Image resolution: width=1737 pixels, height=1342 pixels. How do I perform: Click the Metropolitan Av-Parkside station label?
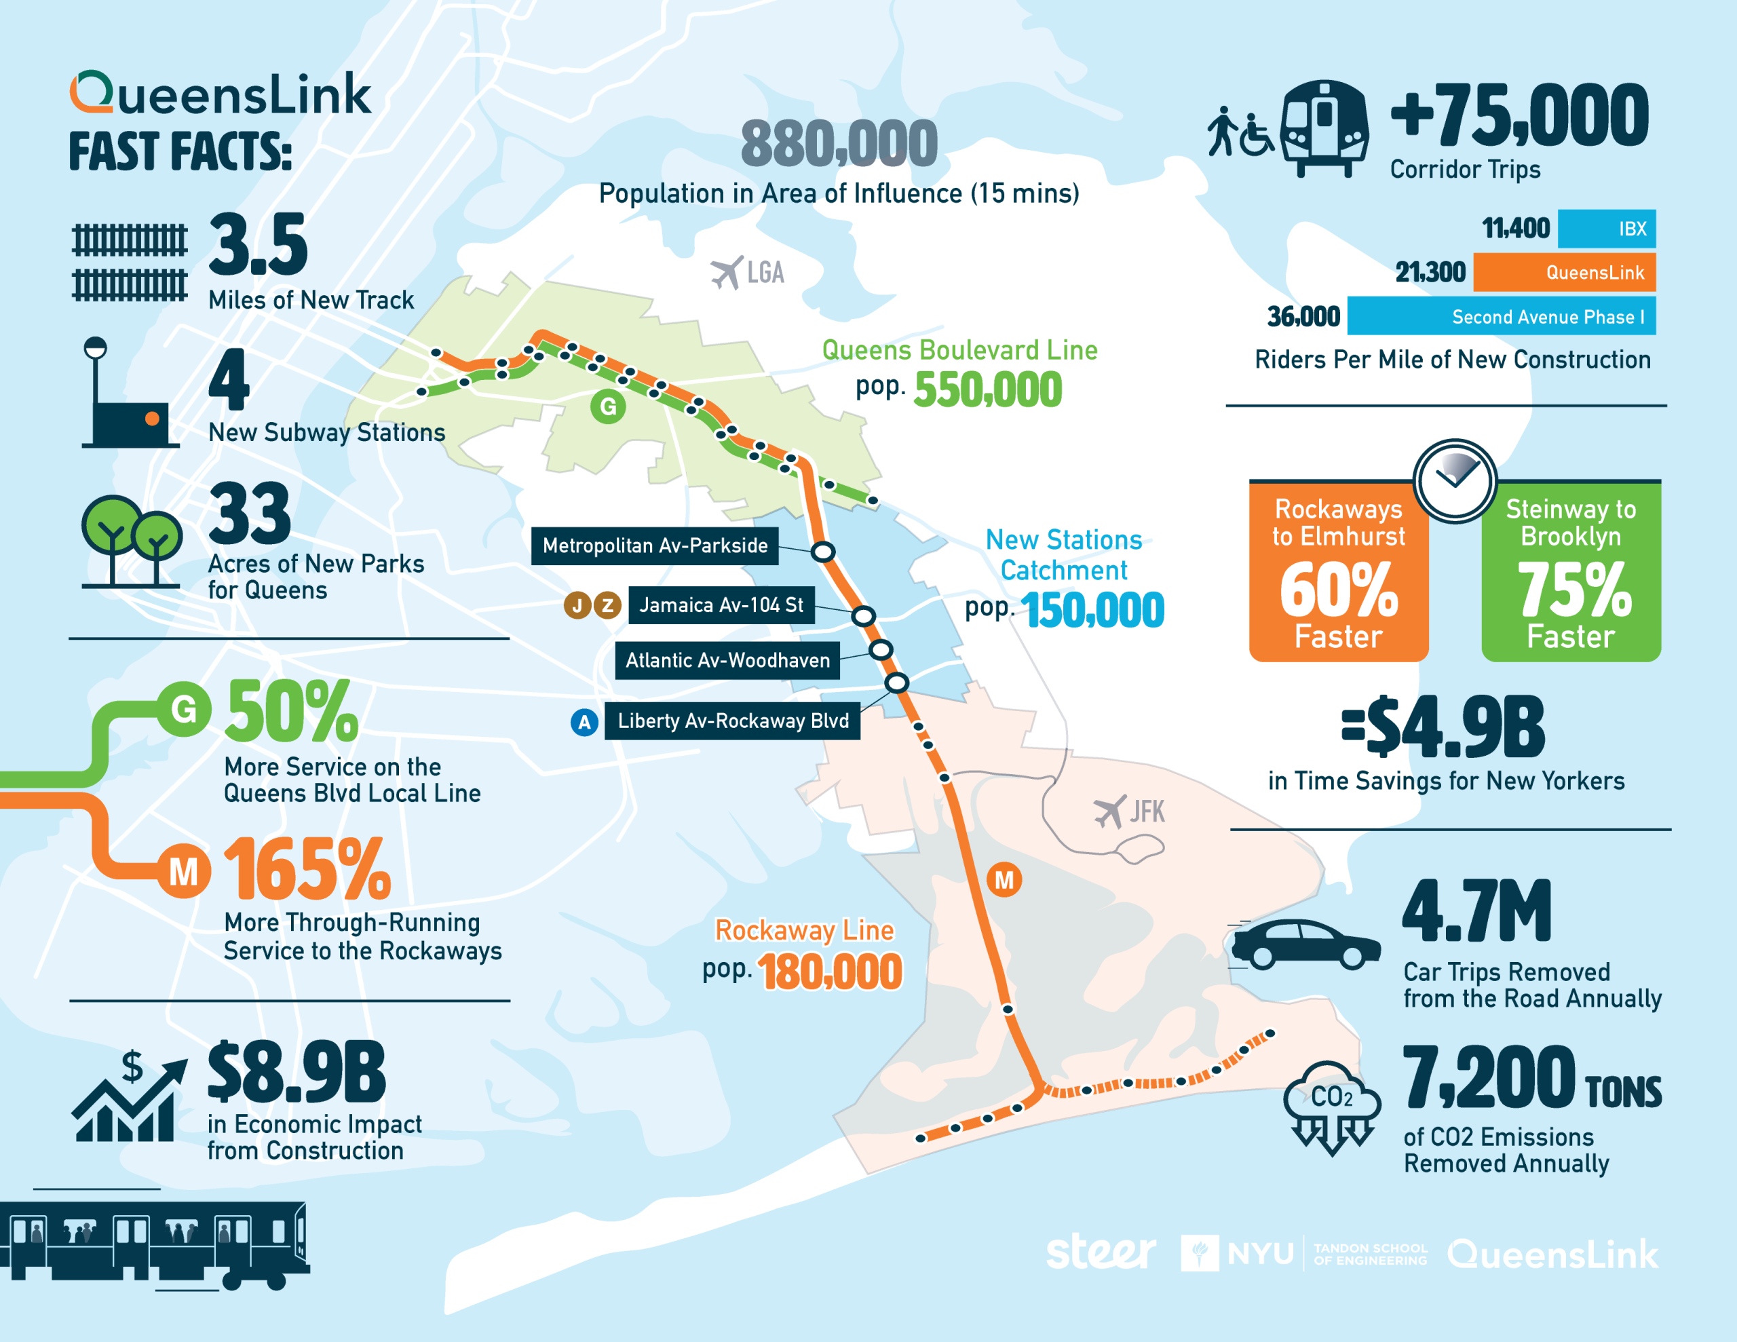click(x=655, y=545)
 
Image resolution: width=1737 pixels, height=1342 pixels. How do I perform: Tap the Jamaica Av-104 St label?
click(x=721, y=605)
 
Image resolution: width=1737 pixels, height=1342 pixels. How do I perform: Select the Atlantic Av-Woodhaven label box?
click(x=727, y=660)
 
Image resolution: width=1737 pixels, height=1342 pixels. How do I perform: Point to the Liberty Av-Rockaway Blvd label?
click(x=733, y=721)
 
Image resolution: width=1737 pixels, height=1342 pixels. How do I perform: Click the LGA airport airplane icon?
click(x=727, y=273)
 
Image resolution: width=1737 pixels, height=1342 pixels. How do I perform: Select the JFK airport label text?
click(x=1147, y=811)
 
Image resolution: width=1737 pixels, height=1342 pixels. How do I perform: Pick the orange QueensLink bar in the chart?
click(x=1563, y=273)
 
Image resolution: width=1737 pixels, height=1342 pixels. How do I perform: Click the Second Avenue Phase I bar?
click(x=1501, y=317)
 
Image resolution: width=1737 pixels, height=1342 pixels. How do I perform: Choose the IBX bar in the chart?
click(x=1606, y=229)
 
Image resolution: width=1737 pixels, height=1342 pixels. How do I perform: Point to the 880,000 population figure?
click(x=839, y=144)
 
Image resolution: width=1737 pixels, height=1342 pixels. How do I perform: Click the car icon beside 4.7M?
click(x=1305, y=945)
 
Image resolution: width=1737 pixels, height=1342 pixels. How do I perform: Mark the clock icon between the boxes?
click(x=1455, y=480)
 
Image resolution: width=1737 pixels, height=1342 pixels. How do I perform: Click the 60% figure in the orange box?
click(x=1339, y=590)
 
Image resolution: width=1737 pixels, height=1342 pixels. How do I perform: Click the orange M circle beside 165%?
click(x=184, y=873)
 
